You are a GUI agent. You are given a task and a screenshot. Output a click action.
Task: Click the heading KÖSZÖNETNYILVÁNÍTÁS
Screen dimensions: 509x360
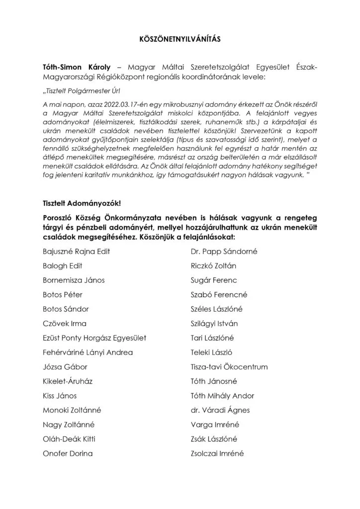coord(180,38)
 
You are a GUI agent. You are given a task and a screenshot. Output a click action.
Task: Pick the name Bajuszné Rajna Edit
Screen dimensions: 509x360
coord(77,252)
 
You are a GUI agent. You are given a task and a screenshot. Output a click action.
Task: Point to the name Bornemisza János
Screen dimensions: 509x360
coord(74,280)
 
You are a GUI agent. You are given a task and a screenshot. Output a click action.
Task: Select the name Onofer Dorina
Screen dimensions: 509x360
coord(68,453)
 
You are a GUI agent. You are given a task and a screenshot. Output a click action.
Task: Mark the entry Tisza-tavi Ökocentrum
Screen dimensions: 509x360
coord(229,367)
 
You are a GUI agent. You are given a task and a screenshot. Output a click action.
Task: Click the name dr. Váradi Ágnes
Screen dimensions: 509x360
coord(220,410)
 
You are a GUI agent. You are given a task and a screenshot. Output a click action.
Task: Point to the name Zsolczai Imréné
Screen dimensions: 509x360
coord(217,453)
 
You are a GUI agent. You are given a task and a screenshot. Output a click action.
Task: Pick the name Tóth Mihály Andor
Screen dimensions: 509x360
coord(222,396)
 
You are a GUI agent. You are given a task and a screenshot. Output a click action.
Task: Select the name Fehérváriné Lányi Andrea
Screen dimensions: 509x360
coord(88,352)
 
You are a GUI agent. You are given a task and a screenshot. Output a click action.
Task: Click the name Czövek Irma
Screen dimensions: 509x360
coord(65,324)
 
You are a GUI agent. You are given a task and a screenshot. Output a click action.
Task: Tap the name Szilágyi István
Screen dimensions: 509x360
coord(214,324)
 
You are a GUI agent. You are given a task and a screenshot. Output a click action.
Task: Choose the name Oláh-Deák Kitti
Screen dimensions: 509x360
coord(69,439)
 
